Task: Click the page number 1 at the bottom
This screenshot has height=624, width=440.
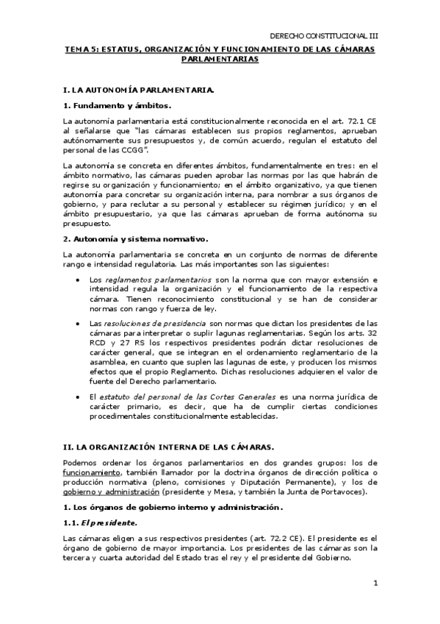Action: (375, 584)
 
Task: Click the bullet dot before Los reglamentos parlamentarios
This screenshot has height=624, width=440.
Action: (79, 280)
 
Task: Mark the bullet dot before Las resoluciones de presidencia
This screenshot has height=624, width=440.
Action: (79, 323)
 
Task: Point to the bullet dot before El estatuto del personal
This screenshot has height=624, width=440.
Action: (79, 395)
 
